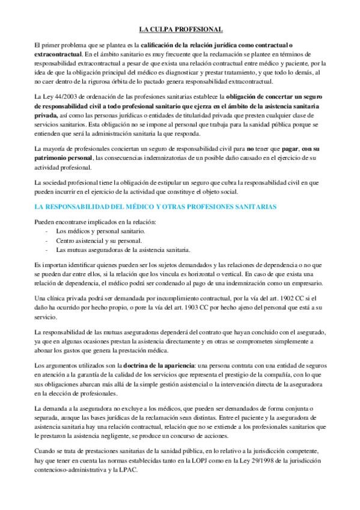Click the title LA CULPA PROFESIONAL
(180, 29)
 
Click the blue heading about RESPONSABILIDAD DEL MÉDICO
(156, 207)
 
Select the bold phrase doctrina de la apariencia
(157, 366)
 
